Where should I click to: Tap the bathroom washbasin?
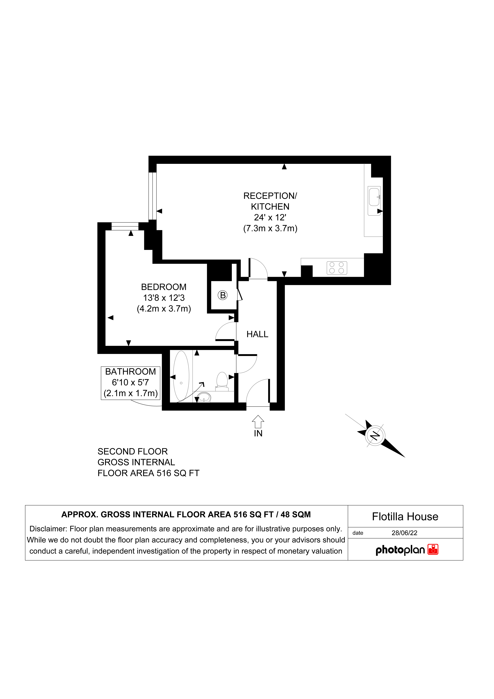(204, 397)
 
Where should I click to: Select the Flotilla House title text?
(405, 517)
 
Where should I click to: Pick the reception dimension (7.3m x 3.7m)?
(270, 228)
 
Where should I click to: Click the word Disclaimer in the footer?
(48, 529)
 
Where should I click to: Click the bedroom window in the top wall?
(125, 226)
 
